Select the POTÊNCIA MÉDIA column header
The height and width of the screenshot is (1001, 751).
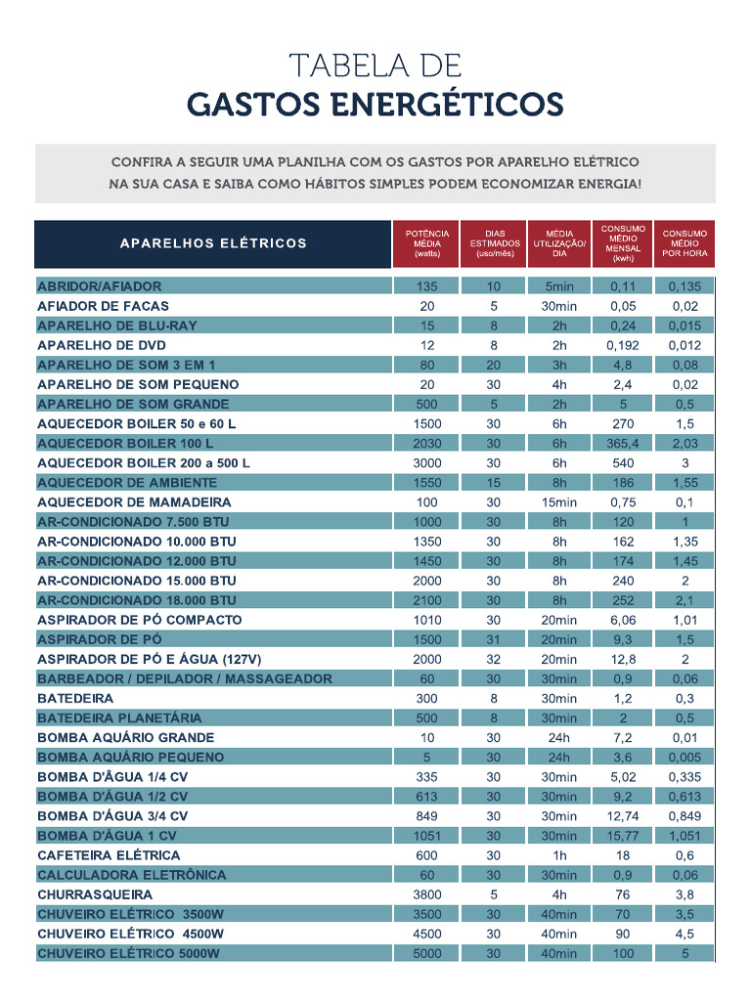tap(427, 243)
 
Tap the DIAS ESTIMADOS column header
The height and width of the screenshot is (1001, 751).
tap(494, 243)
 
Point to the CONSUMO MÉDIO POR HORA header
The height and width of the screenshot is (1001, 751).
tap(685, 243)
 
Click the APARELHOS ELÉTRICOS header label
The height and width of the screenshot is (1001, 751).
tap(213, 243)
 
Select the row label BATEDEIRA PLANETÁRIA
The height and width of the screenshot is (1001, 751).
tap(119, 718)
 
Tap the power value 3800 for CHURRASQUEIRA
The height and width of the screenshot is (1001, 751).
tap(427, 894)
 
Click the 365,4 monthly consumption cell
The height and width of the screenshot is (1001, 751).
tap(623, 444)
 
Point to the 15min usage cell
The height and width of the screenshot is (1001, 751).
tap(559, 502)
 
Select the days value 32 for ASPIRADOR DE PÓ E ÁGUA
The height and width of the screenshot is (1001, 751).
tap(494, 660)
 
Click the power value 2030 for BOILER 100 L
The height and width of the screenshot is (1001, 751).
tap(427, 444)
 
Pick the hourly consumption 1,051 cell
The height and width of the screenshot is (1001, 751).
tap(685, 836)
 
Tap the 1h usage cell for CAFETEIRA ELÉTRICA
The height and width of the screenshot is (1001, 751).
tap(559, 855)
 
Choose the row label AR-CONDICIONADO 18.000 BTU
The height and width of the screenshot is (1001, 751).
tap(137, 600)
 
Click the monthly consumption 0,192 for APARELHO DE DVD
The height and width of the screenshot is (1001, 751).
tap(623, 346)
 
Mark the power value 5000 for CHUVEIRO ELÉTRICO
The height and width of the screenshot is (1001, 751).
tap(427, 954)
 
